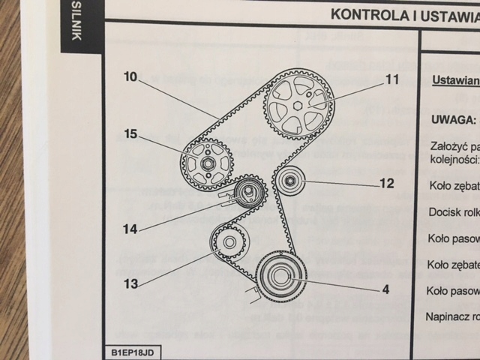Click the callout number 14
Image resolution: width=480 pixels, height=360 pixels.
[131, 229]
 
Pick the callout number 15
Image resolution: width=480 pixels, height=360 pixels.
[131, 135]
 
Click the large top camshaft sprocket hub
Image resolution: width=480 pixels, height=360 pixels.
[298, 106]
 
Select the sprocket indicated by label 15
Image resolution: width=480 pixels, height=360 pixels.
[208, 163]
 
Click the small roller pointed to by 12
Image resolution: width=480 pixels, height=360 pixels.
[289, 181]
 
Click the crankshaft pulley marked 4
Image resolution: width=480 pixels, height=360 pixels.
[280, 275]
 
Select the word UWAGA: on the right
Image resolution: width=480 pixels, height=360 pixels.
[454, 119]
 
